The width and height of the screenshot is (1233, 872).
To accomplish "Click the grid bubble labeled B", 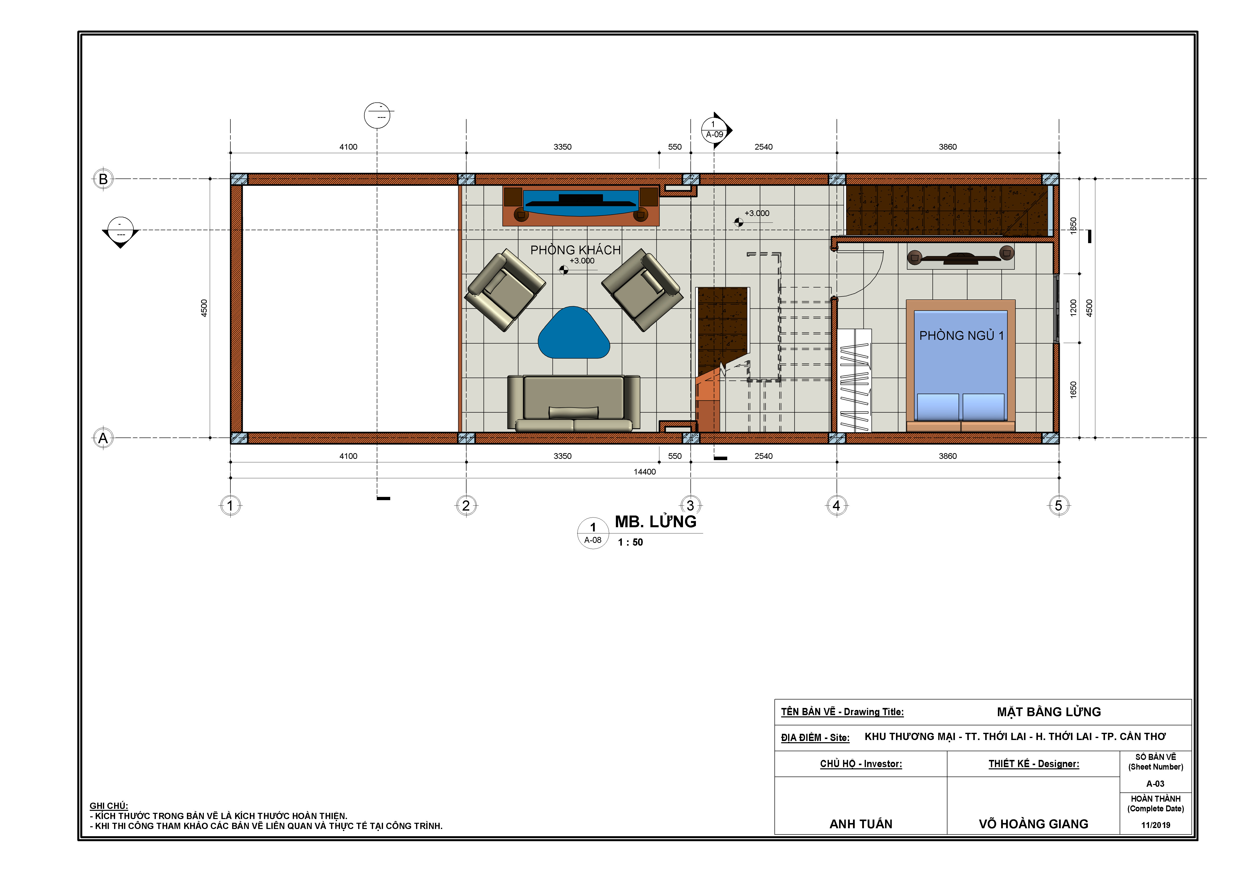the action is tap(103, 179).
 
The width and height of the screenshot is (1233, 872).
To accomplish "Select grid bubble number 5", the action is tap(1059, 505).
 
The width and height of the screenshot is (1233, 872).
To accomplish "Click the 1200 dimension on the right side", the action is tap(1073, 308).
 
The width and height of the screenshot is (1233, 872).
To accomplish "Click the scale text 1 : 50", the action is tap(630, 542).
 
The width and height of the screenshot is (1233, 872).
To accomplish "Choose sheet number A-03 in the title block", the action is tap(1155, 784).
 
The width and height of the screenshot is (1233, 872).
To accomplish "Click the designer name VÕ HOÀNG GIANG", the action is tap(1033, 824).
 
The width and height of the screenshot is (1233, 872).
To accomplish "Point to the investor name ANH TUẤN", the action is tap(861, 824).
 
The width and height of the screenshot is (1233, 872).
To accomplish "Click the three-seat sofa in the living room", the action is tap(574, 403).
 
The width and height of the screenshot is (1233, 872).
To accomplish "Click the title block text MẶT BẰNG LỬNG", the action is tap(1049, 712).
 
